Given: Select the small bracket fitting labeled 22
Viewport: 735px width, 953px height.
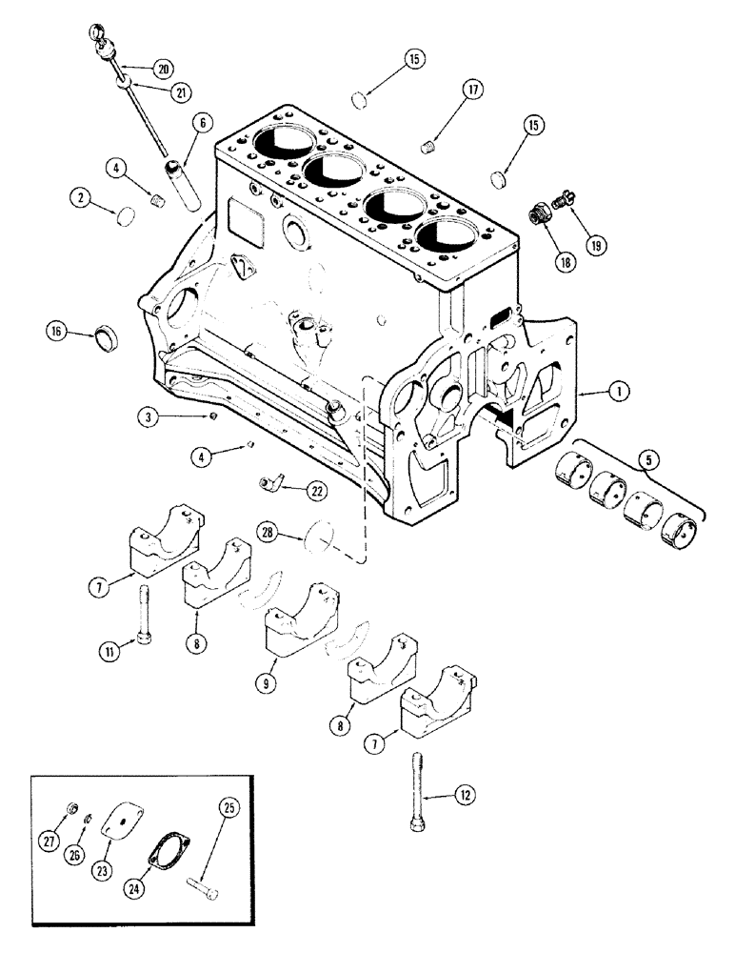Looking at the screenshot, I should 273,485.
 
